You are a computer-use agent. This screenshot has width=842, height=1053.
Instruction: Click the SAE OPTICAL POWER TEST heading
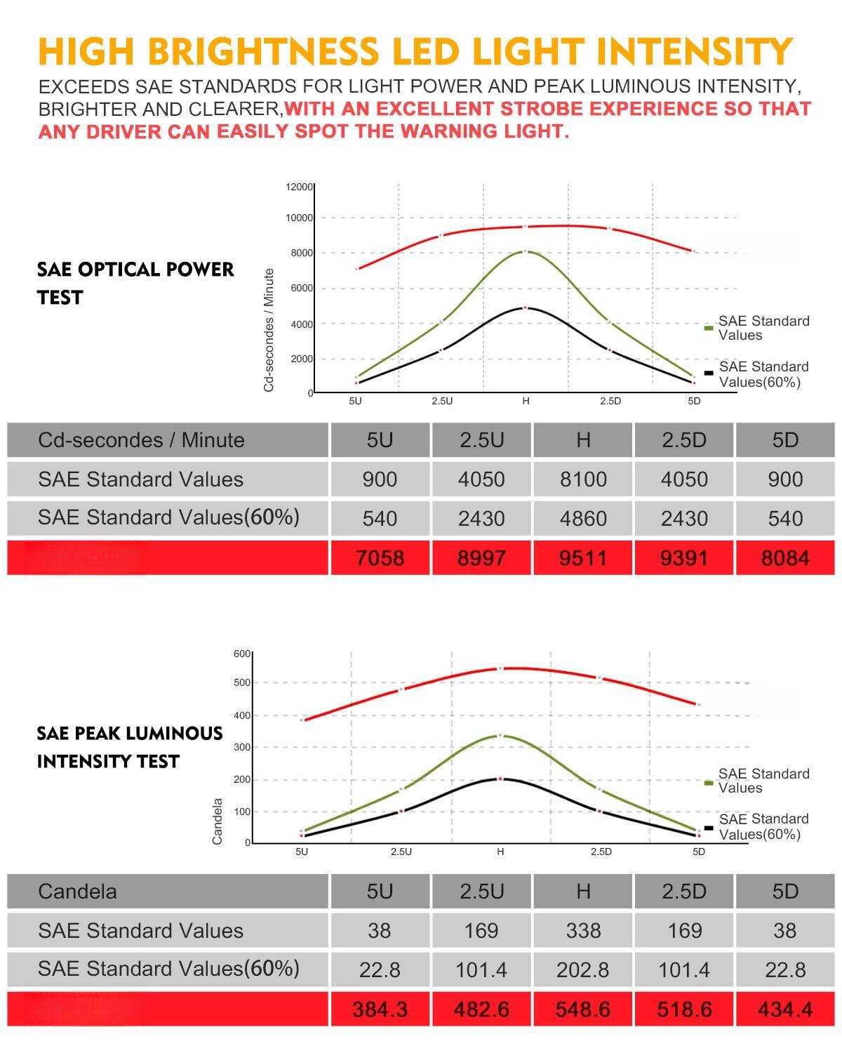coord(135,283)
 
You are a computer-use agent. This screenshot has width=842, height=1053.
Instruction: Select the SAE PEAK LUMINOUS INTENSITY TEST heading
coord(129,747)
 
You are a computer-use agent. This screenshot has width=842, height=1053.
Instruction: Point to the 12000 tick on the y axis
coord(299,187)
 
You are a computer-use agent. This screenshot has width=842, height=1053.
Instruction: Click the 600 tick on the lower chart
coord(241,654)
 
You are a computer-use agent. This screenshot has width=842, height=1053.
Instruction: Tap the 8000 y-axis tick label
coord(302,253)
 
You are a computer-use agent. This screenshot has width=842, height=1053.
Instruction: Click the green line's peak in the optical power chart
coord(526,251)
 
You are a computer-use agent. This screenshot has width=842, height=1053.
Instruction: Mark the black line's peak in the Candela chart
coord(500,779)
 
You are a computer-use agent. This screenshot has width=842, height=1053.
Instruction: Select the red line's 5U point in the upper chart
coord(356,269)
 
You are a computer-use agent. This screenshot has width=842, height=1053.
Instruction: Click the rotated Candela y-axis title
coord(218,821)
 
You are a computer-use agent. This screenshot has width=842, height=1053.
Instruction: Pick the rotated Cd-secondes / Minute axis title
coord(269,330)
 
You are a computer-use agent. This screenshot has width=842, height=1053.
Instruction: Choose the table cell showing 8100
coord(583,479)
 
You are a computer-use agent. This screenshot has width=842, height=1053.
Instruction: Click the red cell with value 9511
coord(583,558)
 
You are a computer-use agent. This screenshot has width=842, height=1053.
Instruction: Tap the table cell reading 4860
coord(583,519)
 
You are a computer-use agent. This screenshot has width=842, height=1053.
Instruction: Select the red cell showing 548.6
coord(583,1009)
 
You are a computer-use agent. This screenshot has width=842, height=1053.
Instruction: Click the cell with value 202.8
coord(583,970)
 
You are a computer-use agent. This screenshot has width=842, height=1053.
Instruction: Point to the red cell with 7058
coord(380,558)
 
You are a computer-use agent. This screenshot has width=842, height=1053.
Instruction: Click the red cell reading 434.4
coord(785,1009)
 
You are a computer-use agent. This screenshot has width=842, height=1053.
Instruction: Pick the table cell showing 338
coord(583,931)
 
